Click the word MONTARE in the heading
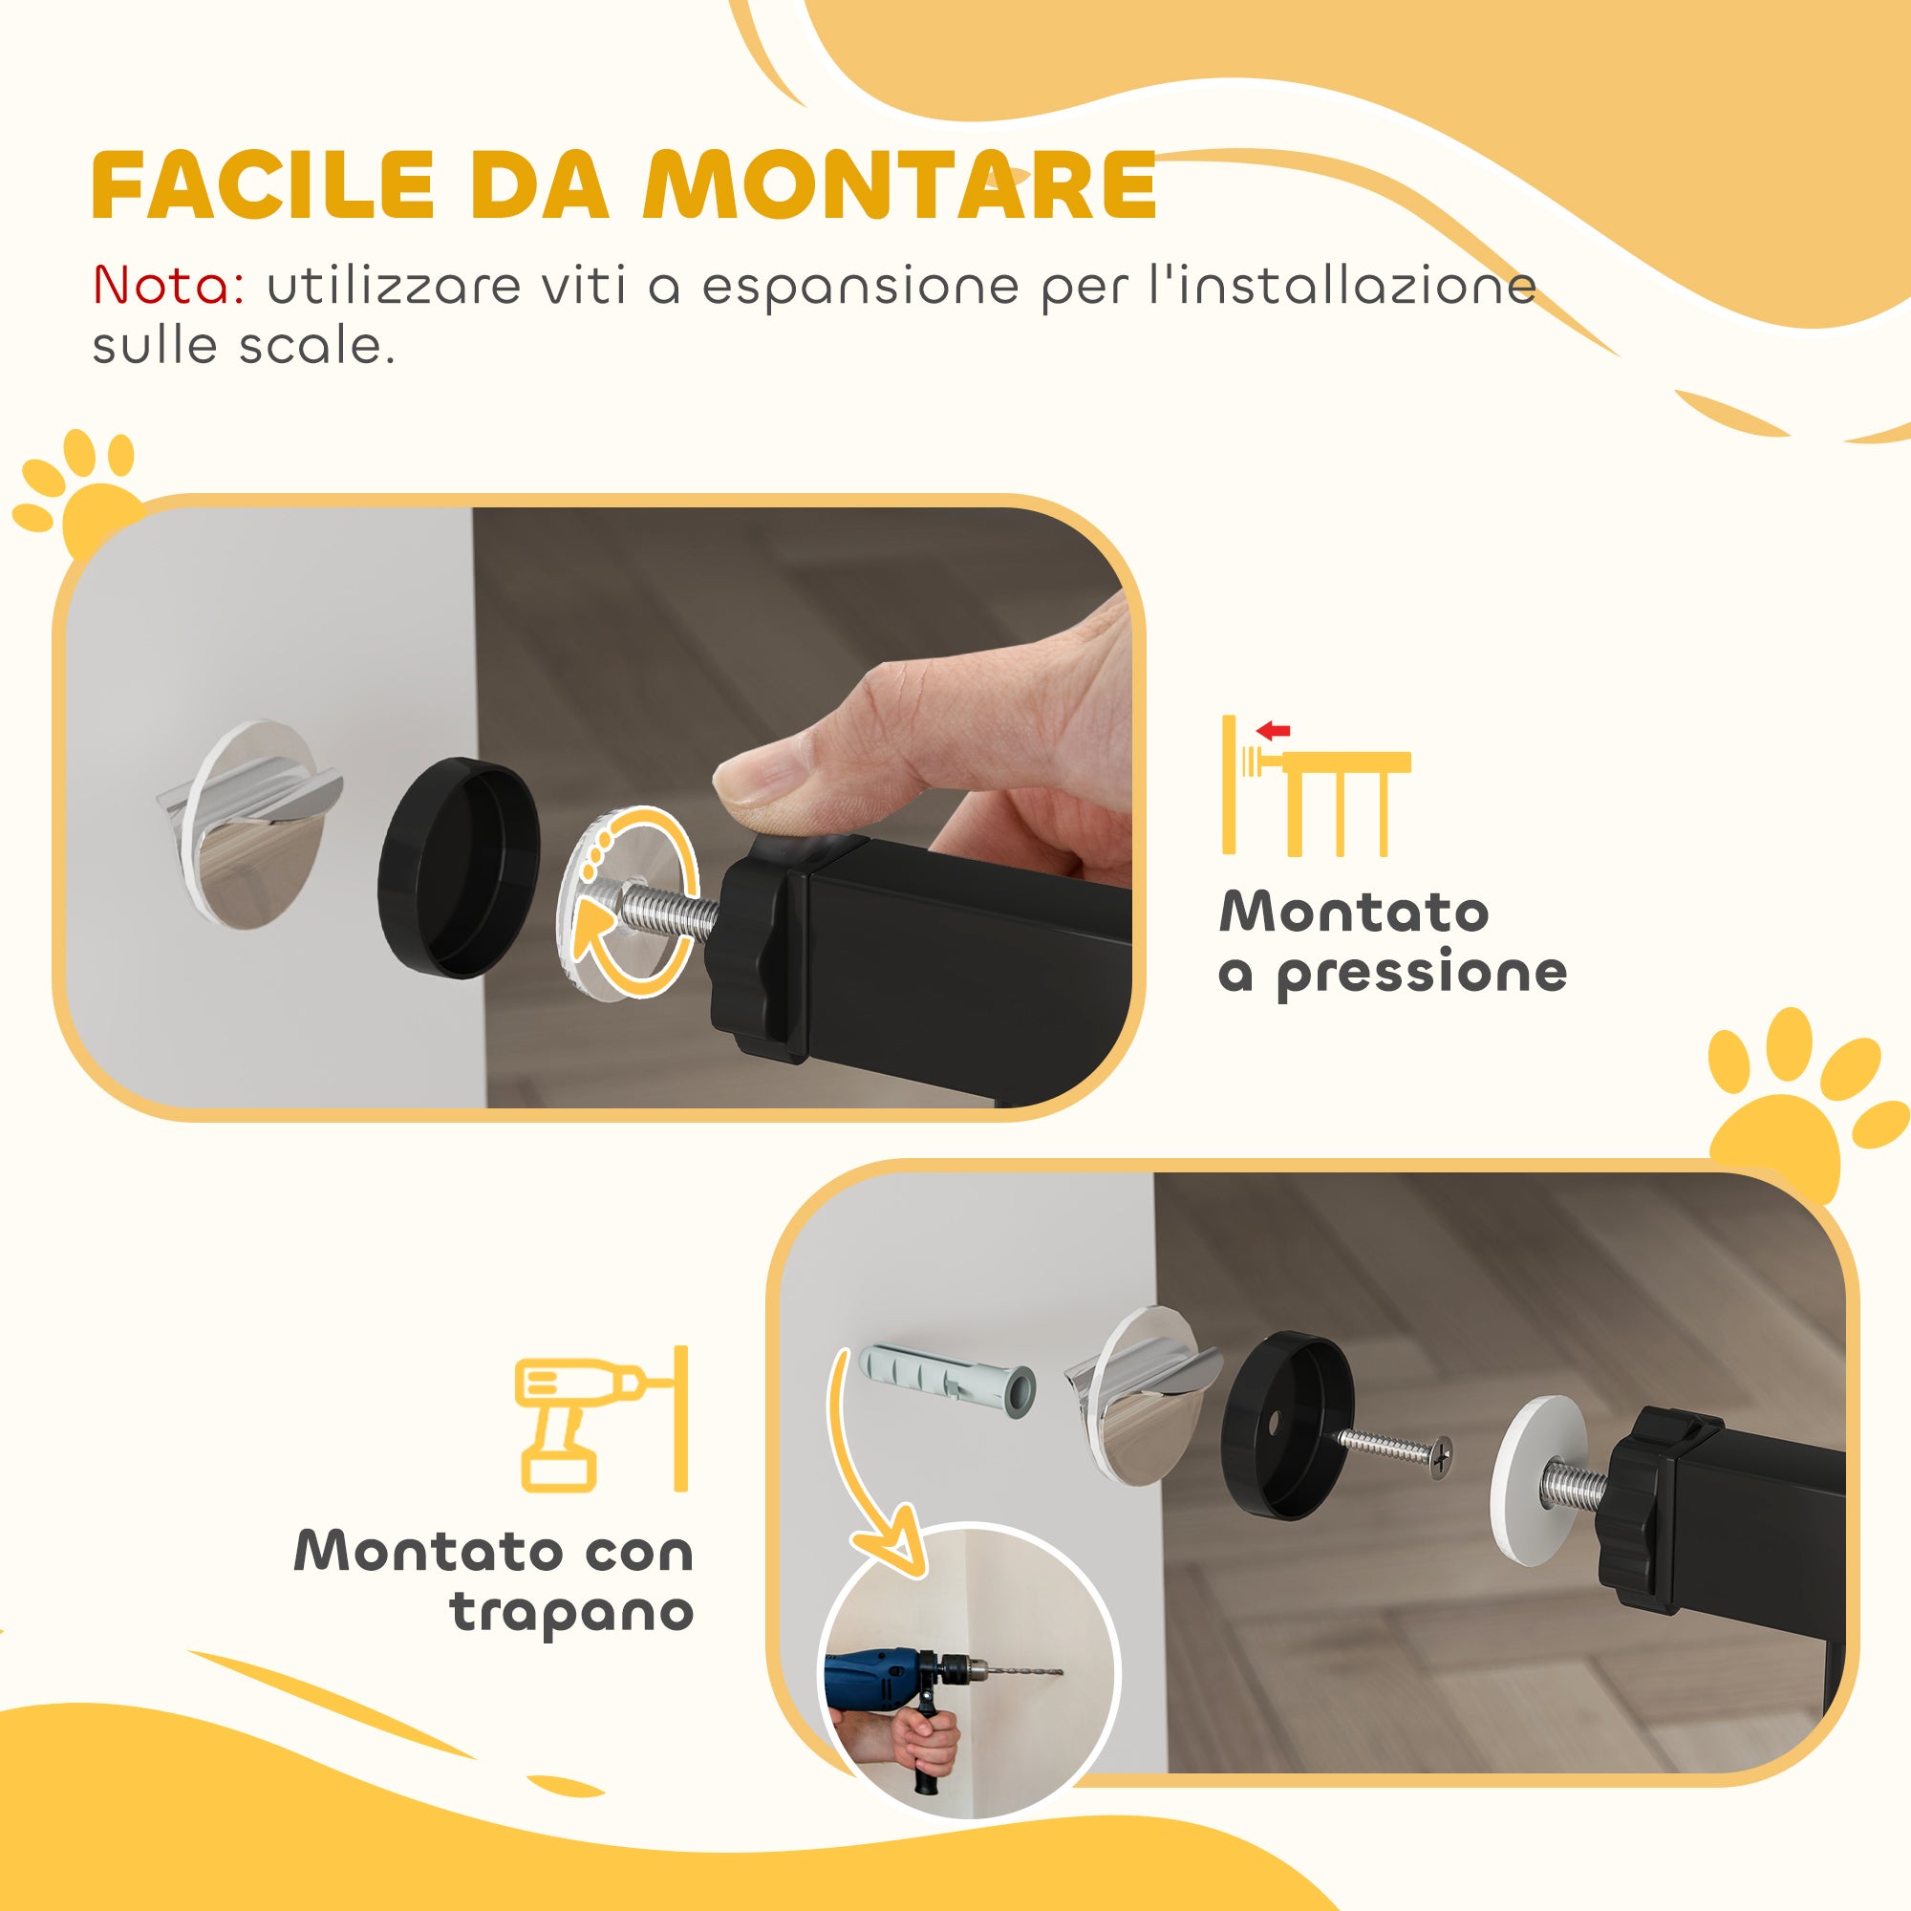point(900,185)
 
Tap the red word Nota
point(168,286)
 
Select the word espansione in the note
point(860,288)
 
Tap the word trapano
point(570,1611)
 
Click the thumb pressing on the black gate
point(791,782)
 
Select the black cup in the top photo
point(459,868)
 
